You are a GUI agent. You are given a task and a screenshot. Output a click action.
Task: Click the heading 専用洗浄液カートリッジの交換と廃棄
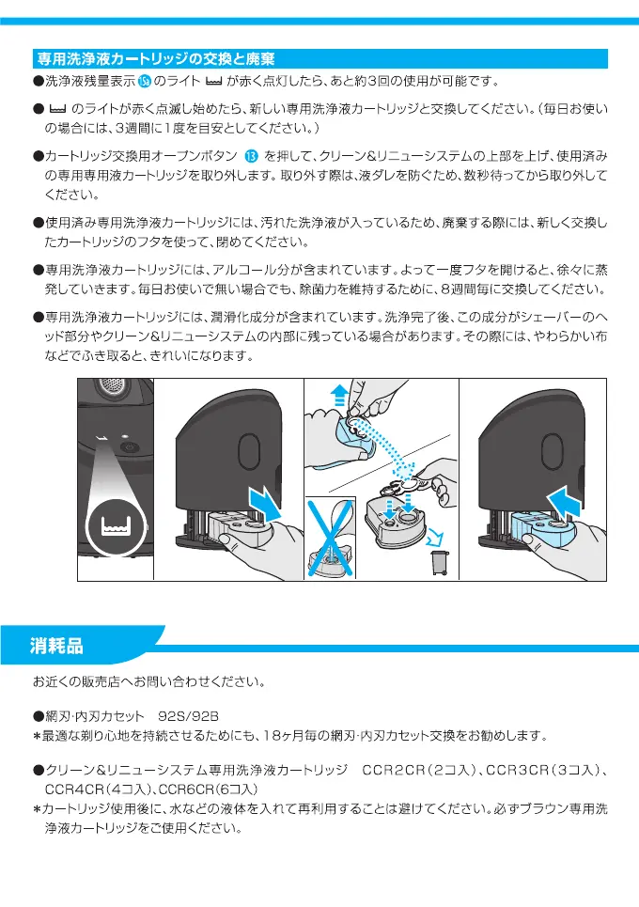pyautogui.click(x=154, y=58)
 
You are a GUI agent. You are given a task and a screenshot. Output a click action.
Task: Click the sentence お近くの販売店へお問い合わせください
pyautogui.click(x=148, y=680)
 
